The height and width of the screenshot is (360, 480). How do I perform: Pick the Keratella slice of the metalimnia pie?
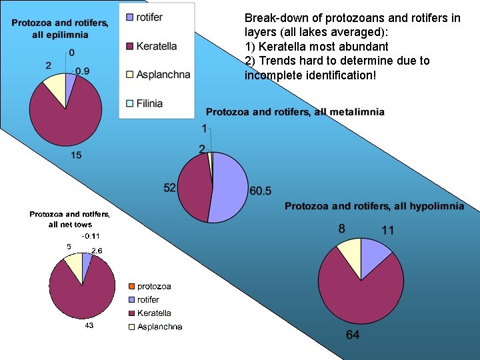(x=195, y=190)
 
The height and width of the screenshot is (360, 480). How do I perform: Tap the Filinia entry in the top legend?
(x=149, y=103)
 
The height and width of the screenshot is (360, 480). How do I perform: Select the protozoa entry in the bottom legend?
(x=154, y=287)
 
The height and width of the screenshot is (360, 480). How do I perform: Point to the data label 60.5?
(x=260, y=191)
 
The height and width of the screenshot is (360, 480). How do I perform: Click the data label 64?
(x=353, y=335)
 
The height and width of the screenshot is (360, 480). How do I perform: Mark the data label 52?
(x=170, y=188)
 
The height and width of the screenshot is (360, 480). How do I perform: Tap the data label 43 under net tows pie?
(x=89, y=325)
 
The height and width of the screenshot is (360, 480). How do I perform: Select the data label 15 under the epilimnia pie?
(x=76, y=155)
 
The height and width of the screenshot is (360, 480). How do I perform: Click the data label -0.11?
(x=91, y=236)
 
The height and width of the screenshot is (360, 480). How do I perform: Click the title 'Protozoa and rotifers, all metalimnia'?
(x=295, y=112)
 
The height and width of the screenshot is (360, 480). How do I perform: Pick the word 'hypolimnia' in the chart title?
(x=436, y=207)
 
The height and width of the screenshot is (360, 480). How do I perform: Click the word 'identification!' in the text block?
(x=343, y=75)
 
